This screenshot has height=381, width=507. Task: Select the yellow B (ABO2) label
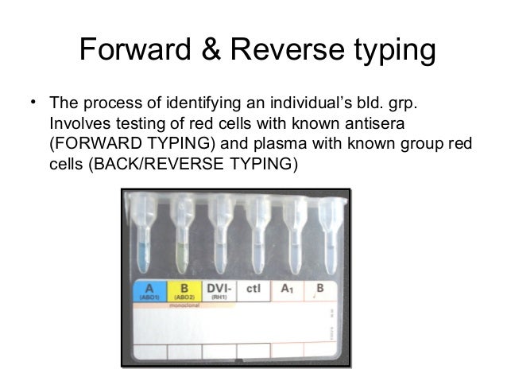183,291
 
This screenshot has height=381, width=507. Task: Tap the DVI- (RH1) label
219,291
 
